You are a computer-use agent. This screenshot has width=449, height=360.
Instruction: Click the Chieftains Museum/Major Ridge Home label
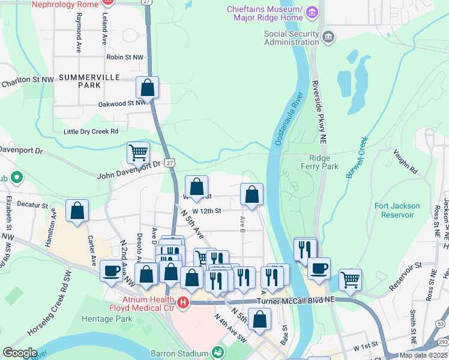(x=265, y=13)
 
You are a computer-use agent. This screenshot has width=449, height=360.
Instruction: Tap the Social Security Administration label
(x=292, y=38)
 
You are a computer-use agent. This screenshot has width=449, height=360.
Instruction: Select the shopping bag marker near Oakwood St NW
(x=147, y=89)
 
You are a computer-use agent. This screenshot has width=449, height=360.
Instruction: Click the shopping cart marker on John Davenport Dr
(x=138, y=154)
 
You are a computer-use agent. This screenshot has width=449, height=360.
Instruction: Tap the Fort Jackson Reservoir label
(x=397, y=210)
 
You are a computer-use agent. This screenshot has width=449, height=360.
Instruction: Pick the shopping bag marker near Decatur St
(x=77, y=211)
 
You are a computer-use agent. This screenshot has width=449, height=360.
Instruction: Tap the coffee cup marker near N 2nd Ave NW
(x=111, y=271)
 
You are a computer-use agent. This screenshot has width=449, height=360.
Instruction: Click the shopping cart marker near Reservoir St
(x=350, y=280)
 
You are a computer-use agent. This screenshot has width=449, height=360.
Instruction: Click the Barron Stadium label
(x=183, y=352)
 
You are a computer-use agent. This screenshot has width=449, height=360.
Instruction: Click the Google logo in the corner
(x=20, y=353)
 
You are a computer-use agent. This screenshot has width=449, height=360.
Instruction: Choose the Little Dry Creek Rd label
(x=91, y=131)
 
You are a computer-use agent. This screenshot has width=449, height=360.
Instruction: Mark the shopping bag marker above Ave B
(x=252, y=195)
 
